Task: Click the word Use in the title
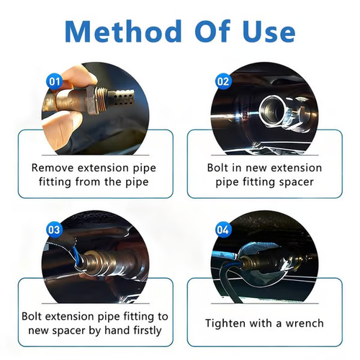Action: pos(265,32)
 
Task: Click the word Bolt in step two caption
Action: pos(216,167)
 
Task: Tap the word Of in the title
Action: pos(209,32)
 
